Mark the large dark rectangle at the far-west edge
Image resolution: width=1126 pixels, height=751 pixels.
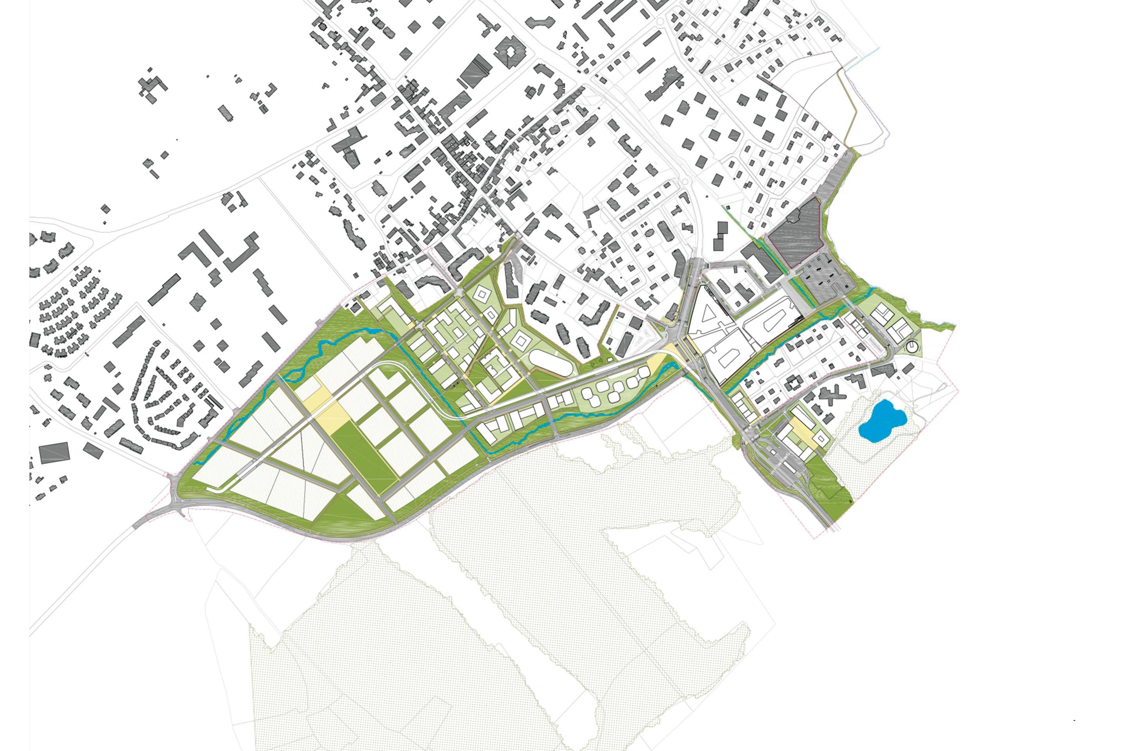[x=54, y=452]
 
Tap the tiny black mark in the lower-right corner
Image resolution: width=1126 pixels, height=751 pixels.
[x=1075, y=706]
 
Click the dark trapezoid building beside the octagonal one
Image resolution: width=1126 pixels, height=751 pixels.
[x=475, y=71]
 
